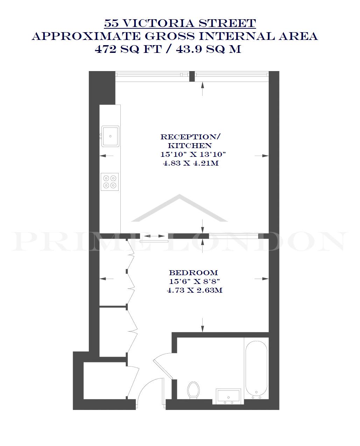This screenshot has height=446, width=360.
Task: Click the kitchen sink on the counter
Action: [x=110, y=136]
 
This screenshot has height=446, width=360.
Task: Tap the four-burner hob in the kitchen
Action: [x=110, y=182]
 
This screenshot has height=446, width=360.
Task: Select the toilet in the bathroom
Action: [x=193, y=390]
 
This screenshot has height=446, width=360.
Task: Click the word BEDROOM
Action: [x=193, y=273]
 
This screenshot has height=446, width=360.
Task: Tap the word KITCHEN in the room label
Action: [x=190, y=146]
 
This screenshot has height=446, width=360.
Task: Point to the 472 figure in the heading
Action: [x=105, y=49]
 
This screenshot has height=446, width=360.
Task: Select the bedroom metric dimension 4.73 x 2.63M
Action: [x=195, y=290]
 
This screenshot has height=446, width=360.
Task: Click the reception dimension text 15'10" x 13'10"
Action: [x=193, y=154]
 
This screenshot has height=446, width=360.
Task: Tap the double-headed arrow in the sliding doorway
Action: [x=154, y=236]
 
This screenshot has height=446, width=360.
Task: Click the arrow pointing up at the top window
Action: [x=202, y=89]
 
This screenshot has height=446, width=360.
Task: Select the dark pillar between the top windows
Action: [x=192, y=76]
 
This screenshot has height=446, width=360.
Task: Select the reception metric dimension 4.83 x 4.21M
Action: [x=191, y=163]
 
